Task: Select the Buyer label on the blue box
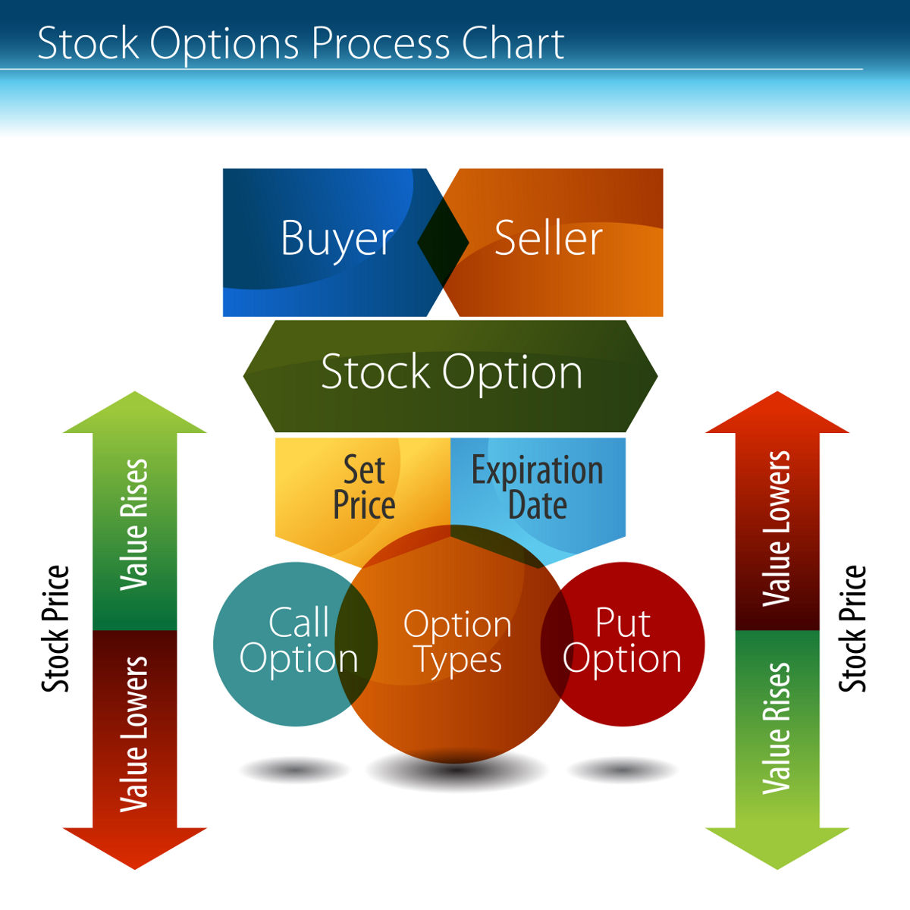pyautogui.click(x=337, y=240)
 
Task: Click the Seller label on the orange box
pyautogui.click(x=548, y=239)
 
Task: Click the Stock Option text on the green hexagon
pyautogui.click(x=451, y=373)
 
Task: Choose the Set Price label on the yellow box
pyautogui.click(x=364, y=488)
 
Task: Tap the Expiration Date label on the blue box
pyautogui.click(x=537, y=488)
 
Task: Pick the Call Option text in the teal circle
pyautogui.click(x=298, y=642)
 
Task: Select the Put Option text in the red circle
pyautogui.click(x=622, y=642)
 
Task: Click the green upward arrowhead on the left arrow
pyautogui.click(x=134, y=414)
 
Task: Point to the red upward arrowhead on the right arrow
pyautogui.click(x=777, y=414)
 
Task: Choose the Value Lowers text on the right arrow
pyautogui.click(x=777, y=529)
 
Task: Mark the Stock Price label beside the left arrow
pyautogui.click(x=55, y=629)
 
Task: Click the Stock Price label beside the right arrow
pyautogui.click(x=852, y=629)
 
